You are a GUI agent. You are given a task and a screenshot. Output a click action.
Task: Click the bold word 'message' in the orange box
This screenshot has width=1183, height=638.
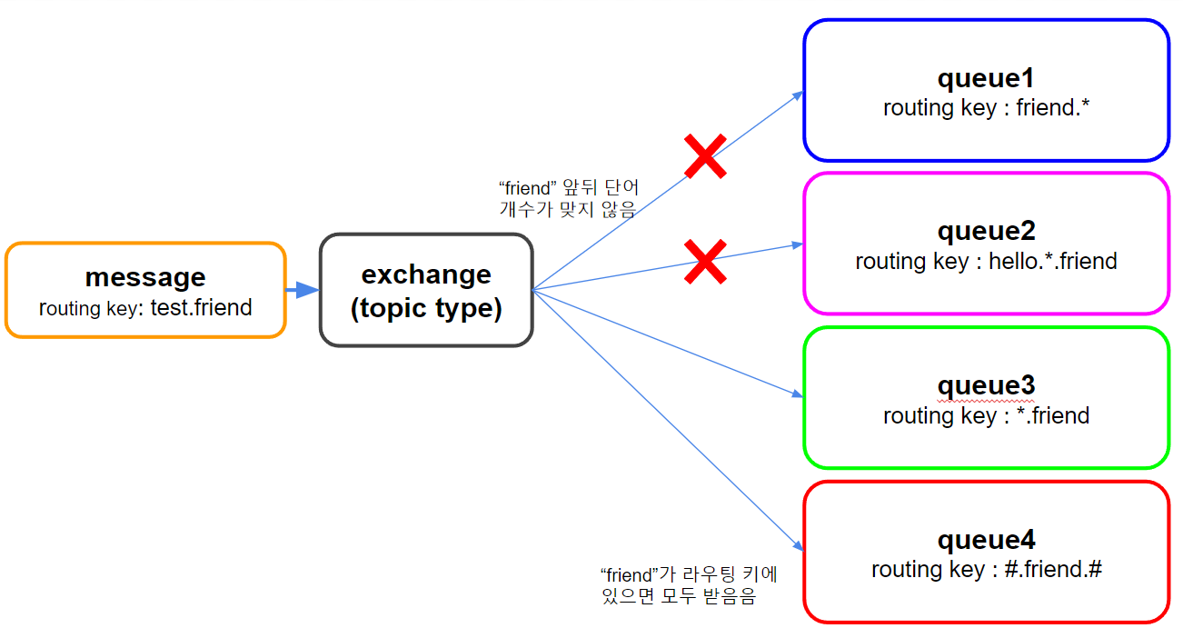145,277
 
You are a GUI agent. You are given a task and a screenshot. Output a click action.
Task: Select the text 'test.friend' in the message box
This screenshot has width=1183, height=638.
201,307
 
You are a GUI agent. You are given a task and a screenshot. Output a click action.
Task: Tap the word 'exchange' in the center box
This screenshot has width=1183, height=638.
426,275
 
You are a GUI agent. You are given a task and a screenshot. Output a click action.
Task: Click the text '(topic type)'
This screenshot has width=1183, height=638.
426,308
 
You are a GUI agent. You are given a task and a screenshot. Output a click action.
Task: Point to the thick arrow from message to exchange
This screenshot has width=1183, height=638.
302,289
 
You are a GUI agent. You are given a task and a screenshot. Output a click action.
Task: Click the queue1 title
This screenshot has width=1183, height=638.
986,78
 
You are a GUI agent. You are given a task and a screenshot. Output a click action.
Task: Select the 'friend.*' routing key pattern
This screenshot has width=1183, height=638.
1052,107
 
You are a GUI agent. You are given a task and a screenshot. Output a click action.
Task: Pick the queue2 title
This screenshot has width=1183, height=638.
986,231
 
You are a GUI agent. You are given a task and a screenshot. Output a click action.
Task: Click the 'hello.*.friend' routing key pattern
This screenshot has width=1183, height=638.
1052,261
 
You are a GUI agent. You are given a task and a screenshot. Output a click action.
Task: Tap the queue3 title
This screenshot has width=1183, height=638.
986,385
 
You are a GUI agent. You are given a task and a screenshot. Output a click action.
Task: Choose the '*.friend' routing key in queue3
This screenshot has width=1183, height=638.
1052,415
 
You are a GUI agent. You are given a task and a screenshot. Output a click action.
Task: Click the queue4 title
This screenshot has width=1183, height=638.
986,539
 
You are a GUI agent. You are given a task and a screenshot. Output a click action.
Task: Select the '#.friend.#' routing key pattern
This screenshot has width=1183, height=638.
1052,569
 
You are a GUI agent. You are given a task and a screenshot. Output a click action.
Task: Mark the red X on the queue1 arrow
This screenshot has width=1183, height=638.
705,155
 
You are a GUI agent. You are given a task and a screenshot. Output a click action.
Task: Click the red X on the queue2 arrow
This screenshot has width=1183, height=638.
705,262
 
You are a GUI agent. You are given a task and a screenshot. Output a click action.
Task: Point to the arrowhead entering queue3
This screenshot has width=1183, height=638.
798,394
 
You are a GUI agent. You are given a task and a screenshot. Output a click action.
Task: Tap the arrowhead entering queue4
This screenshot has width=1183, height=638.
799,545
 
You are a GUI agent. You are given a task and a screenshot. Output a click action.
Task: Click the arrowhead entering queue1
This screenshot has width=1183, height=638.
799,95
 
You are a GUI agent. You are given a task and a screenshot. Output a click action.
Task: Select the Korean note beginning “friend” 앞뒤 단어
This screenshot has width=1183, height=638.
569,198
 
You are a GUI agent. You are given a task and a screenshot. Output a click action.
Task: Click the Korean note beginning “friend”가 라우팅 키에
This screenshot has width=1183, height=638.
689,585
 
